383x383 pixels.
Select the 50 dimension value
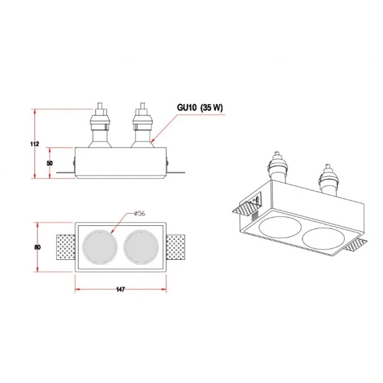pyautogui.click(x=50, y=163)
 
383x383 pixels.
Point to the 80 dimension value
pyautogui.click(x=37, y=247)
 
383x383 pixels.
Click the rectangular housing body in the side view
pyautogui.click(x=121, y=163)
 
